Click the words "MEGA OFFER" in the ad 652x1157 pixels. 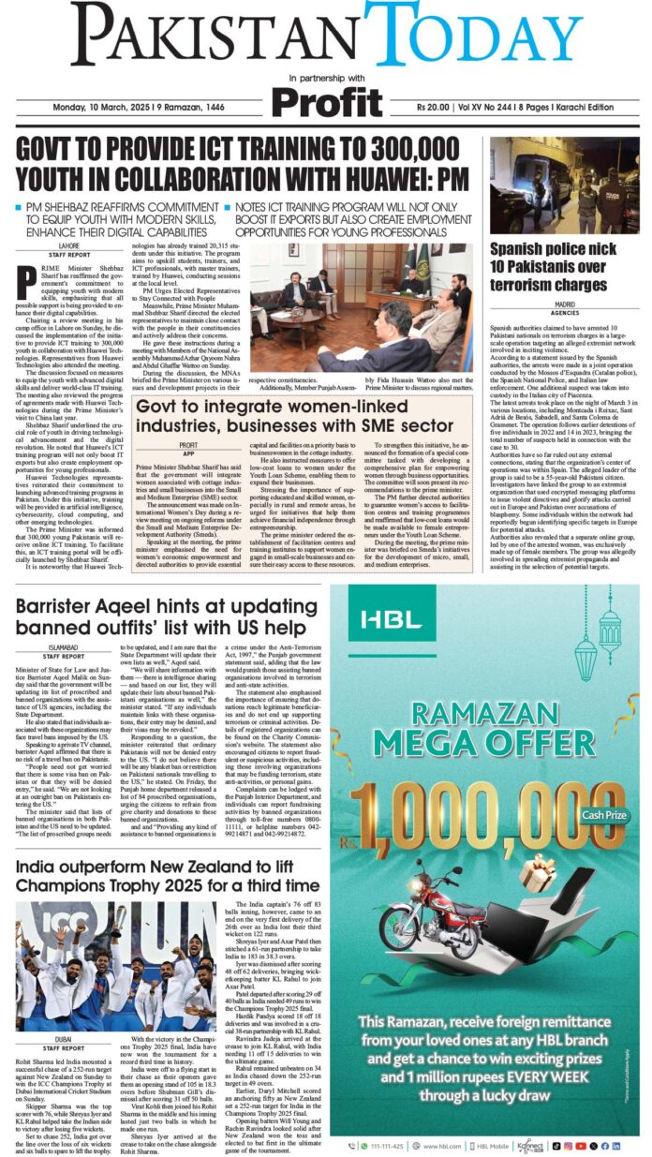tap(484, 754)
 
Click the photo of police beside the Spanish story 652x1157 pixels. tap(564, 185)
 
